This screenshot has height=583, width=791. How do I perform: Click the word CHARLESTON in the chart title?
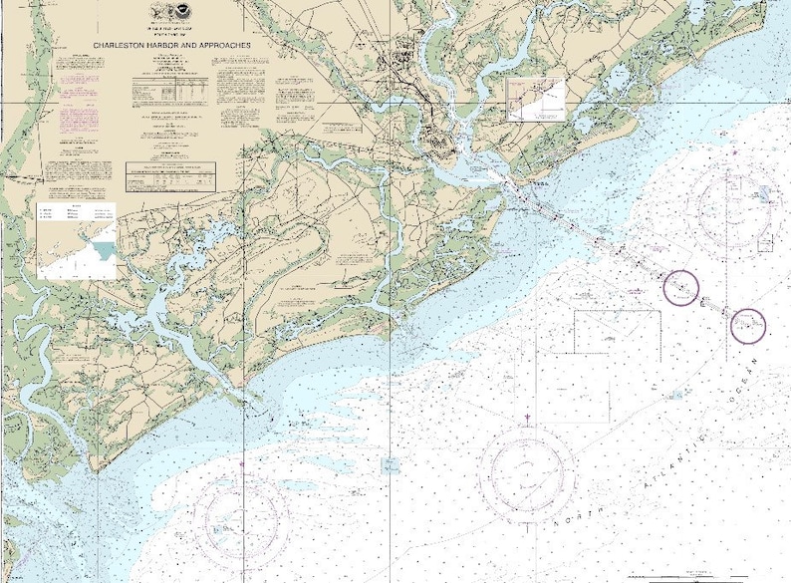tap(126, 46)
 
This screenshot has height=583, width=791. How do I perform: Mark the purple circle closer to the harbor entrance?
tap(682, 288)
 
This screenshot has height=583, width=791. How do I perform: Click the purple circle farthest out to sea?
tap(748, 325)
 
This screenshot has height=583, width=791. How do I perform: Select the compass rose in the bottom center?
tap(527, 469)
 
